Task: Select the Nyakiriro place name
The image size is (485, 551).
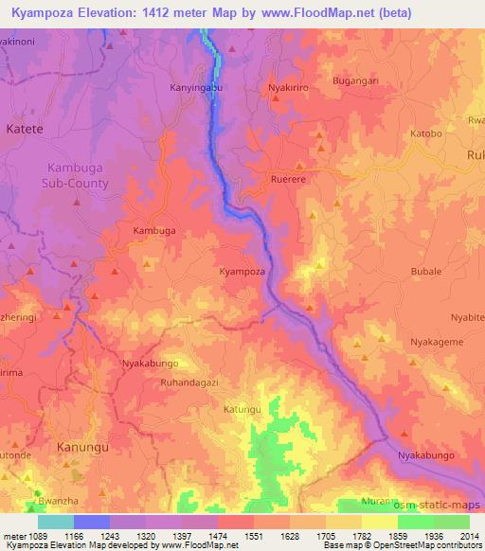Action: pyautogui.click(x=290, y=85)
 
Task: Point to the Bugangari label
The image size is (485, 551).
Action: pyautogui.click(x=356, y=81)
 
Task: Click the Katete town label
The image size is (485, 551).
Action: pyautogui.click(x=25, y=128)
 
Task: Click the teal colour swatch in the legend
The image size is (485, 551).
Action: pyautogui.click(x=56, y=522)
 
